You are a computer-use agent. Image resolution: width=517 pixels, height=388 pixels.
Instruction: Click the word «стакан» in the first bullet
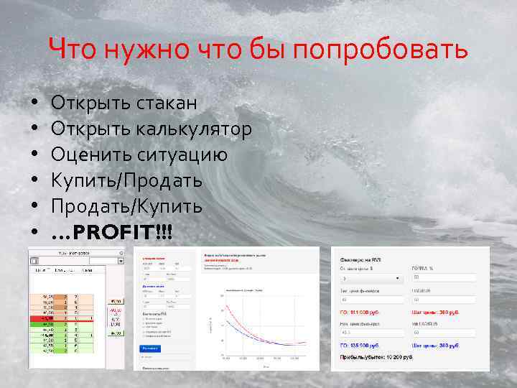tap(166, 103)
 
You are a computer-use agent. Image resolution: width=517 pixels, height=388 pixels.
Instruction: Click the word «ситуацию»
tap(183, 155)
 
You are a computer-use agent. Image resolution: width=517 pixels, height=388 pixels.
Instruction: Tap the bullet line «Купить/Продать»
tap(126, 181)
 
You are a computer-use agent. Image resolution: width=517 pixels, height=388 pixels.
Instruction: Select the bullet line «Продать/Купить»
tap(126, 207)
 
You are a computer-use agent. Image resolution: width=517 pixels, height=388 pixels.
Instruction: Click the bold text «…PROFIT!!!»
tap(112, 233)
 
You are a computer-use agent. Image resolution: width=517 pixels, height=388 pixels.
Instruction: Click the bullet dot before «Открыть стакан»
tap(34, 103)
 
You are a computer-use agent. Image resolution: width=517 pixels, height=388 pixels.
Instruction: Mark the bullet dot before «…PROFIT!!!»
tap(34, 233)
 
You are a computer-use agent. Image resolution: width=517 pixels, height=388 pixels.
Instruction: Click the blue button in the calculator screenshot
tap(151, 348)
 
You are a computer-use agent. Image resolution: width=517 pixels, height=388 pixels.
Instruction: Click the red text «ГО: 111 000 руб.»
tap(366, 313)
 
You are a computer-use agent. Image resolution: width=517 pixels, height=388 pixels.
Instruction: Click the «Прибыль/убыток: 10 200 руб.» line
tap(376, 357)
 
